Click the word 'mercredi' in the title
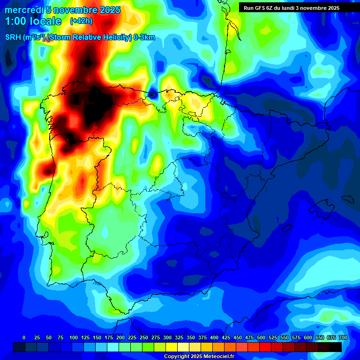[24, 10]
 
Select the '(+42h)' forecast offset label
[81, 21]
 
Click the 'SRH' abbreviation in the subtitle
[13, 37]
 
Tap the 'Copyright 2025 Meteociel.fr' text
[199, 356]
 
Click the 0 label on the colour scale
[24, 337]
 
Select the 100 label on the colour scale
[74, 337]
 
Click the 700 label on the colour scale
[343, 337]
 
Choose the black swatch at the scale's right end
[336, 347]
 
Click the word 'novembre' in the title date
[76, 10]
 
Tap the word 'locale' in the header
[44, 21]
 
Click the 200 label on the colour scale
[120, 337]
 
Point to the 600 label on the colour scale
[308, 337]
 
